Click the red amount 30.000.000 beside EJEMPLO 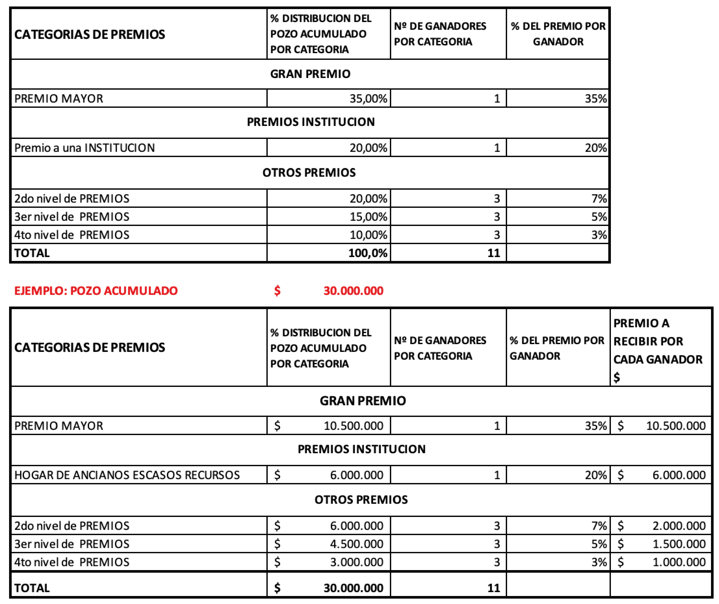click(353, 291)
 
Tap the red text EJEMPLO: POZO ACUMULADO click(96, 291)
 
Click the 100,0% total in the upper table click(368, 253)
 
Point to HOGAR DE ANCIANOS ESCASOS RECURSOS click(127, 475)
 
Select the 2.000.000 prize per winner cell click(679, 526)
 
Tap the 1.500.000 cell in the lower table click(679, 544)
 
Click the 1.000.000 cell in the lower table click(679, 562)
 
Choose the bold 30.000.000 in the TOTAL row click(353, 588)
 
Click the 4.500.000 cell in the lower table click(356, 544)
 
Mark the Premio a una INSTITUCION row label click(85, 148)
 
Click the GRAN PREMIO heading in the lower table click(363, 401)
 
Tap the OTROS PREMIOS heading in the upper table click(309, 173)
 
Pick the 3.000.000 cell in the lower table click(356, 562)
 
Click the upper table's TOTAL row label click(32, 253)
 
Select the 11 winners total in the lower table click(493, 588)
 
